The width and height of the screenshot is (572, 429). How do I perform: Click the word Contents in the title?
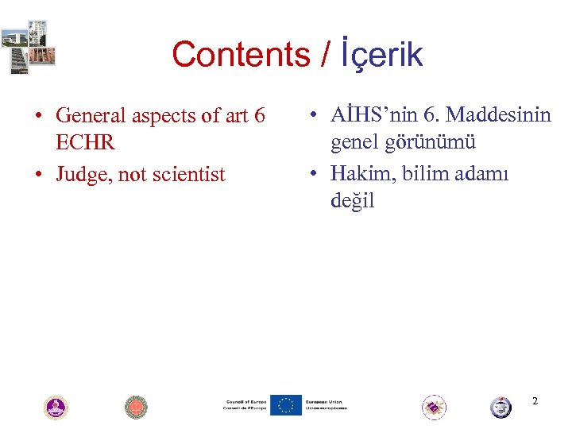[241, 55]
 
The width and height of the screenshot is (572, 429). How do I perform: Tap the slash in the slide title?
[323, 55]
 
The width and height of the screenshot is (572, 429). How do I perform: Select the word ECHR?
[85, 142]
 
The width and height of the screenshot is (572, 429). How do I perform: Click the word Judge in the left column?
[84, 174]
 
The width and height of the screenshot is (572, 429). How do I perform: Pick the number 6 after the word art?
[259, 115]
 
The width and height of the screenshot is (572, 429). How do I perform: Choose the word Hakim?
[359, 172]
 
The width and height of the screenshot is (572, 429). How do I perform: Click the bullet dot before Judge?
[38, 175]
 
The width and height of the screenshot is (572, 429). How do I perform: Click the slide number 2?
[535, 401]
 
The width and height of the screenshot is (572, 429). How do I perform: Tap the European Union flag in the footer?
[285, 405]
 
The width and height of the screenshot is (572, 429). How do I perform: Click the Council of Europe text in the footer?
[245, 405]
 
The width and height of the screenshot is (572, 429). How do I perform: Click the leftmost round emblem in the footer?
[55, 408]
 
